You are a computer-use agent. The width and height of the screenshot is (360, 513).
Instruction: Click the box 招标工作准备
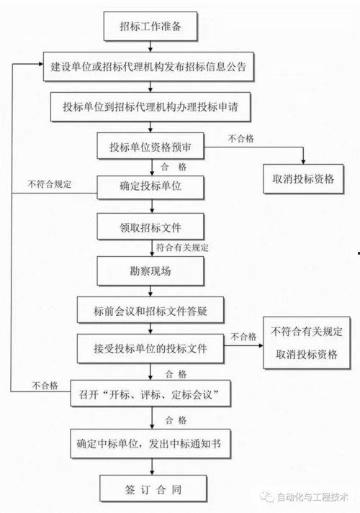(x=150, y=28)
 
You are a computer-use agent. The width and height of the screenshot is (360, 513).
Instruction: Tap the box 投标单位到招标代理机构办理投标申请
(x=150, y=108)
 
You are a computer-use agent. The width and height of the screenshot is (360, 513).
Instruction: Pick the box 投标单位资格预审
(x=150, y=148)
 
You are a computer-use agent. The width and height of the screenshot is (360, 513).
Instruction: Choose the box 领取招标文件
(x=150, y=228)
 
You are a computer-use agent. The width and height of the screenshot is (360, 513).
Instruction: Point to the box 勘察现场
(x=150, y=272)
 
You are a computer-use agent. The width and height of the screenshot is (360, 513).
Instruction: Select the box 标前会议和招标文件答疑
(x=150, y=310)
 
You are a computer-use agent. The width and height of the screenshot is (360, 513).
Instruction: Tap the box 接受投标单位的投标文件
(x=150, y=350)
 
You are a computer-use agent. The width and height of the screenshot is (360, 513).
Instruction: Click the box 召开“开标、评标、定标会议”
(x=150, y=394)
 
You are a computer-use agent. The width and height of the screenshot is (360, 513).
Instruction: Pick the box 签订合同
(x=153, y=491)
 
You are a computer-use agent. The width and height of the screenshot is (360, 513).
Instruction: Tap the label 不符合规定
(x=50, y=183)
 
